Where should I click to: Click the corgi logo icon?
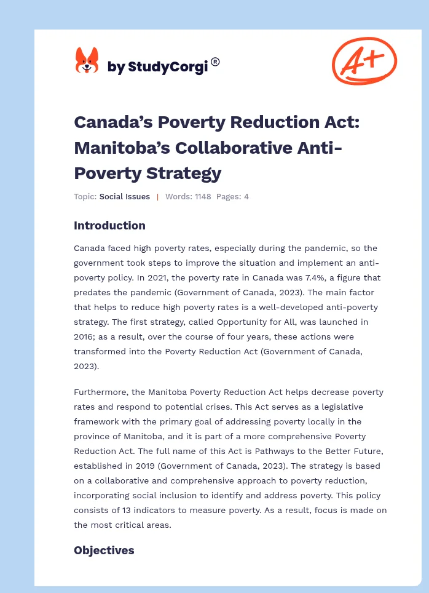87,61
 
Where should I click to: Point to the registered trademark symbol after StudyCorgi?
215,62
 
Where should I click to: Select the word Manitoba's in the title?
121,148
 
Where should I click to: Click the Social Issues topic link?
125,197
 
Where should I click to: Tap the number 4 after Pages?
246,197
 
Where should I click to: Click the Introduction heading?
109,226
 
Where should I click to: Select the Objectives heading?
104,551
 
